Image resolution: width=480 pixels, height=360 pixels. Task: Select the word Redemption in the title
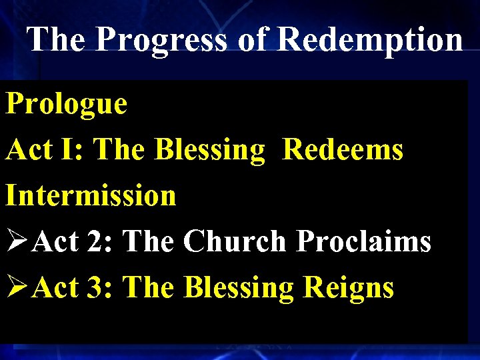(369, 39)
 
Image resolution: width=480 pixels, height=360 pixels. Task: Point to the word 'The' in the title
(56, 39)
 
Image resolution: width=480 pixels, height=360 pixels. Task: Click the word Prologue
(66, 105)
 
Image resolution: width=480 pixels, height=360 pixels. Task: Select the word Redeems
(343, 150)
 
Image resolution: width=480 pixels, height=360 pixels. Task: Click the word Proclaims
(364, 242)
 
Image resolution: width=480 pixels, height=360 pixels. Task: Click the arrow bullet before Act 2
(17, 242)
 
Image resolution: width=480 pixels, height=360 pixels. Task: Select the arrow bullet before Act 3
(17, 288)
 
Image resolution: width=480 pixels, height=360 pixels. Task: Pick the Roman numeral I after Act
(68, 150)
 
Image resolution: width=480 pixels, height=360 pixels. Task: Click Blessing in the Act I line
(210, 150)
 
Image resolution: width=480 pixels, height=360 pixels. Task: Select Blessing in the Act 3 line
(239, 288)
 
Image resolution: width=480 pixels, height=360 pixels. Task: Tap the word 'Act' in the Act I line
(29, 150)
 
